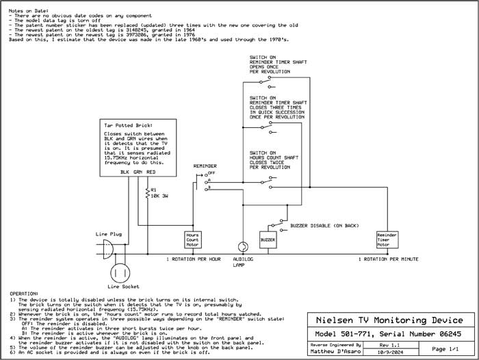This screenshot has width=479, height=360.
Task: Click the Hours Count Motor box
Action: (192, 239)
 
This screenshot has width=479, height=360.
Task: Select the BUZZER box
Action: (268, 240)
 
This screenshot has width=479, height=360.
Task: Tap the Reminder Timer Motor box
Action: (387, 239)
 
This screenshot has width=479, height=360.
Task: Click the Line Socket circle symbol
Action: (120, 272)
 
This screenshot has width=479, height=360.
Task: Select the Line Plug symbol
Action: (107, 250)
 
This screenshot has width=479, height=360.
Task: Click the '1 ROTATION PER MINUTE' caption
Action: (389, 259)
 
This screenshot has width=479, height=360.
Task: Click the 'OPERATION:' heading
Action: (25, 292)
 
